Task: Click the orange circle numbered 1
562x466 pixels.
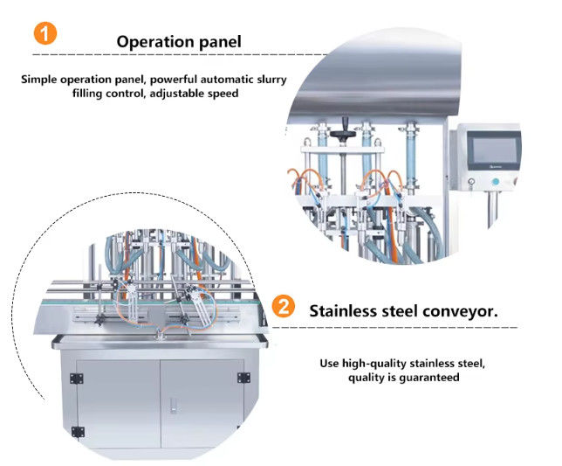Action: [46, 35]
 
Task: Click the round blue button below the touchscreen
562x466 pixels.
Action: [496, 183]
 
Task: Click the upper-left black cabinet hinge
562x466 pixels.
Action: [76, 378]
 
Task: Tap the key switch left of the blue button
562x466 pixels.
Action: [470, 183]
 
